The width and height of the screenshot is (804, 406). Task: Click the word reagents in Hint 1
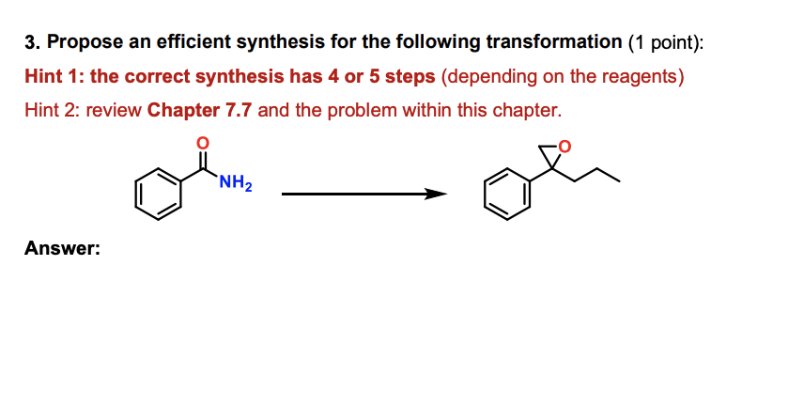tap(642, 76)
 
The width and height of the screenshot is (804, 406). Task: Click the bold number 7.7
tap(238, 110)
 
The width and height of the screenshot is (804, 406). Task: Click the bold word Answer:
tap(62, 249)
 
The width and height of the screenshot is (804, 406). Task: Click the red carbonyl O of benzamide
tap(200, 142)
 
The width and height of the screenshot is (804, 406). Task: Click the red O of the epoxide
tap(564, 147)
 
